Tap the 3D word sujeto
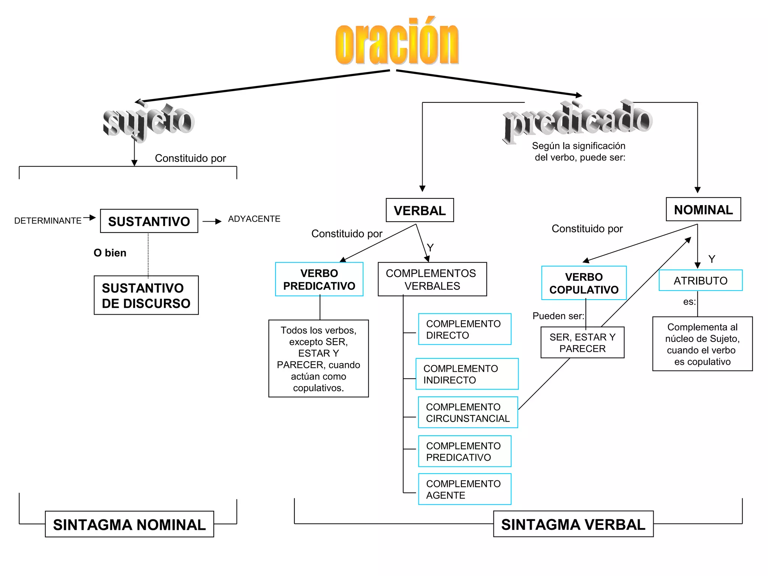coord(148,121)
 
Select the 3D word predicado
coord(577,120)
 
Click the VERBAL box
coord(420,210)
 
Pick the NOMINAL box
coord(703,209)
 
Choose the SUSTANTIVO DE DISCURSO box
coord(146,295)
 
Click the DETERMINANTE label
coord(48,220)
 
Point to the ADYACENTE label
coord(254,219)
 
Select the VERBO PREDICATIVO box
coord(319,279)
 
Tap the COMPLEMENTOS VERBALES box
coord(432,279)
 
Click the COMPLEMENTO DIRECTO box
coord(465,329)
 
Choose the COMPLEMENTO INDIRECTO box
coord(467,374)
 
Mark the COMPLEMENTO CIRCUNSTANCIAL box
coord(468,412)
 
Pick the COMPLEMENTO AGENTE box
coord(465,489)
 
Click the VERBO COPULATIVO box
coord(584,283)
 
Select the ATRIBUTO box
coord(700,280)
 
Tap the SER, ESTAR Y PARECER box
coord(582,343)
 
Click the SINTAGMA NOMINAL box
coord(129,524)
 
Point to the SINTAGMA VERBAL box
coord(573,524)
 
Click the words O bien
coord(110,253)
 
